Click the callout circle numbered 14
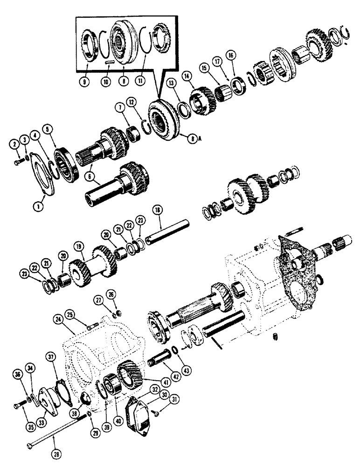[188, 74]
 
